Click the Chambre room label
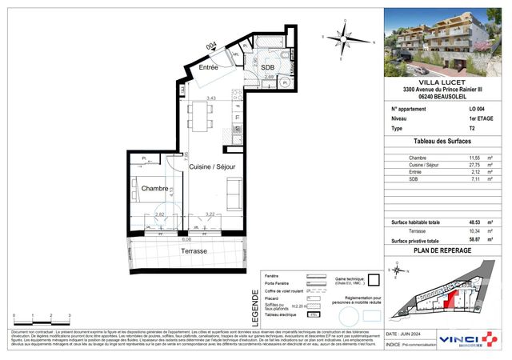click(x=154, y=188)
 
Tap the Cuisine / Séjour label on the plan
click(x=212, y=166)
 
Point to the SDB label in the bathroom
click(x=268, y=68)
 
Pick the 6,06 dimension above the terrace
click(x=186, y=238)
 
